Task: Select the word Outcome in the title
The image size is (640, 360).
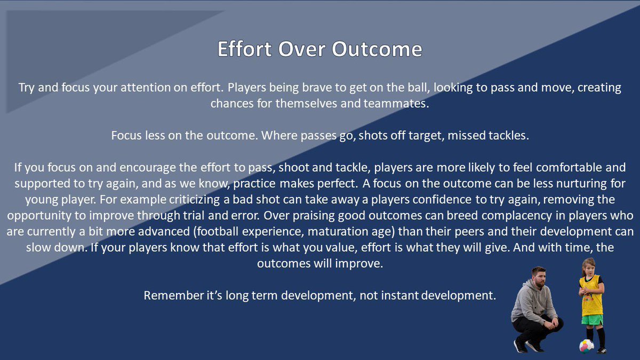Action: coord(377,50)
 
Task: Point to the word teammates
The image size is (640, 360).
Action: coord(395,103)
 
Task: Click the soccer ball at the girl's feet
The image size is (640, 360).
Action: coord(587,345)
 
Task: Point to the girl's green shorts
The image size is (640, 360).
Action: coord(592,319)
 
